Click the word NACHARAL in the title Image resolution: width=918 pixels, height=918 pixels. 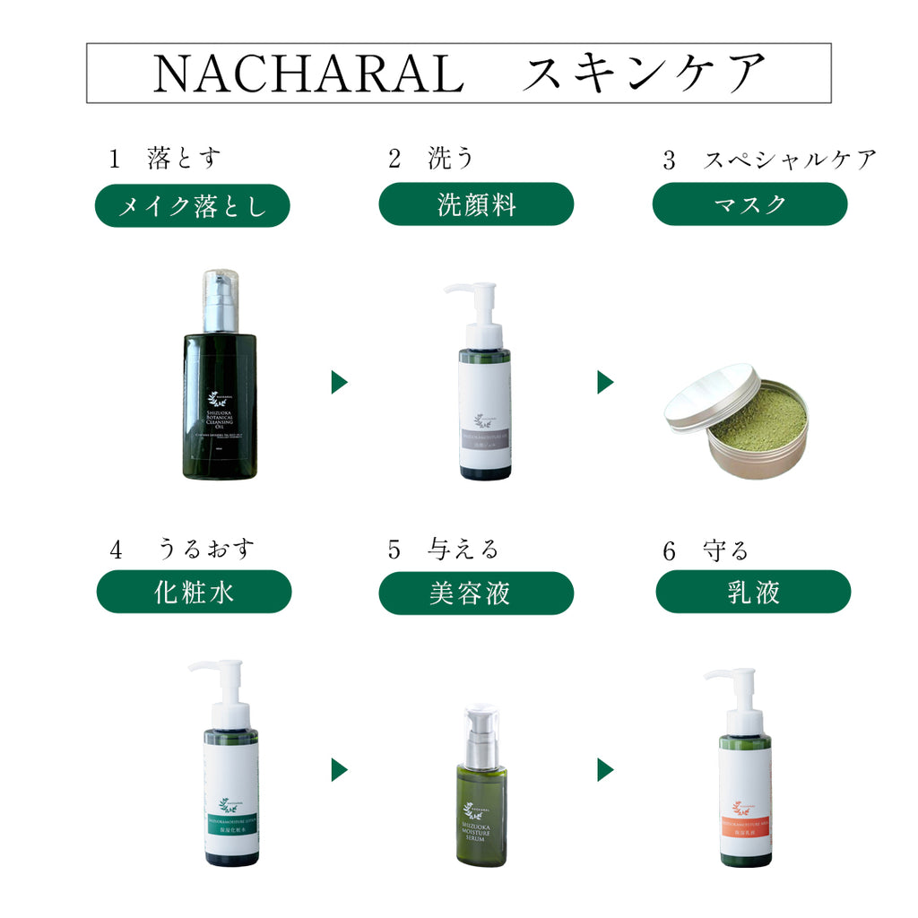[307, 74]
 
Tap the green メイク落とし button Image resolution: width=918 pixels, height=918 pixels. [193, 206]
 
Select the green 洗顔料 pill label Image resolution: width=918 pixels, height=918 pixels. [476, 204]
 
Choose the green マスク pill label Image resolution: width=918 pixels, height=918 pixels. [749, 204]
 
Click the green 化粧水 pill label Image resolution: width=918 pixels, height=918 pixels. [194, 592]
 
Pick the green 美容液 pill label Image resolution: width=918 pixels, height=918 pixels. [476, 593]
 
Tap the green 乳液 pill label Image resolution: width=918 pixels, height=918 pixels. [753, 592]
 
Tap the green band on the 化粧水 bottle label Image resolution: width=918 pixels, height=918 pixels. [232, 827]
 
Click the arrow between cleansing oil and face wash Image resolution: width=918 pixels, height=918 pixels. [339, 382]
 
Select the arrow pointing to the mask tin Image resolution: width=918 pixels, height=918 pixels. [605, 382]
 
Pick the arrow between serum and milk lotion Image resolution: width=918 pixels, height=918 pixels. [605, 769]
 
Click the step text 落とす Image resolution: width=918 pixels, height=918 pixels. [184, 159]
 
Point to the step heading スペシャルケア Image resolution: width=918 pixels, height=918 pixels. [789, 160]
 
